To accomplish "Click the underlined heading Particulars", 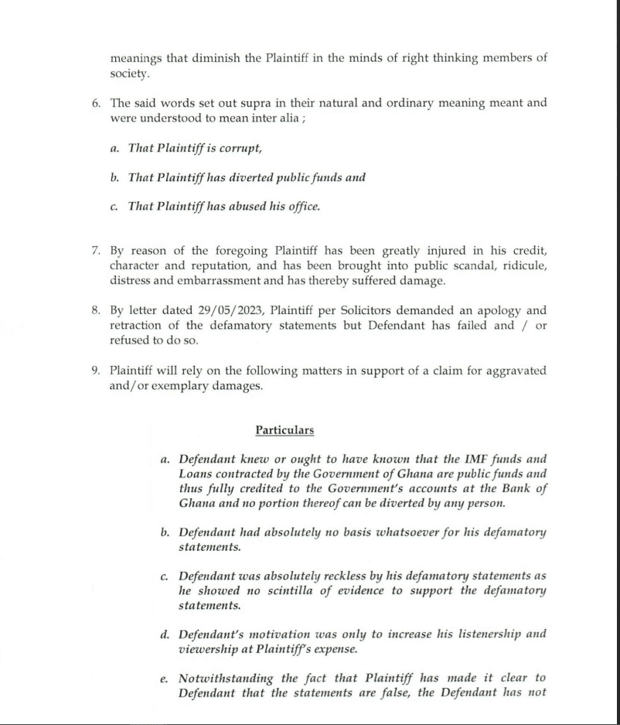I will click(284, 430).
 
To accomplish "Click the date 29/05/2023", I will click(227, 311).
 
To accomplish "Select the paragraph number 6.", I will click(95, 103).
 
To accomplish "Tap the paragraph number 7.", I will click(95, 251).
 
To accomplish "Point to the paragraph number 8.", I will click(95, 311).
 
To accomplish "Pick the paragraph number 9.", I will click(95, 371).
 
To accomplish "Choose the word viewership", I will click(215, 649).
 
